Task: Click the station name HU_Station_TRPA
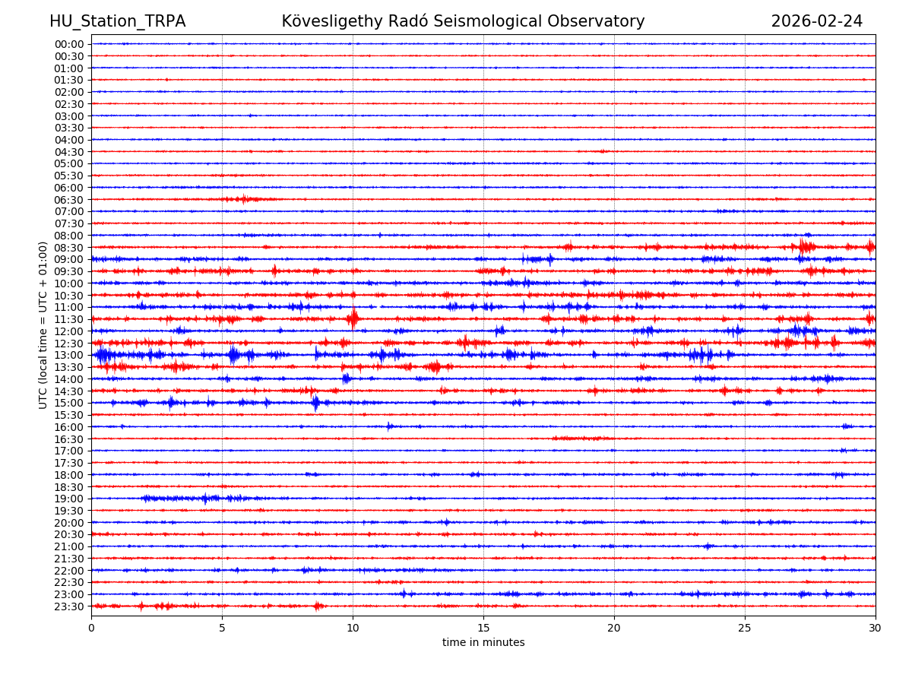(117, 21)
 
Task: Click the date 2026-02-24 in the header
(816, 21)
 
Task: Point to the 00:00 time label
(69, 44)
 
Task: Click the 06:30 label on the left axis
(69, 200)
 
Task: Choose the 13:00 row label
(69, 355)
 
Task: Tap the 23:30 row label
(69, 606)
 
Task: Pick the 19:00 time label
(69, 499)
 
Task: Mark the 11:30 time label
(69, 319)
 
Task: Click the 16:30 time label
(69, 439)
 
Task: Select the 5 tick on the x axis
(222, 628)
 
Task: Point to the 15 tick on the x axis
(483, 628)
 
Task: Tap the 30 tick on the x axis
(875, 628)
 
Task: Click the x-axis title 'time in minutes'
(483, 642)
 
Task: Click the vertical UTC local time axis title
(43, 325)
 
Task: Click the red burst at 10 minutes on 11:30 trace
(353, 318)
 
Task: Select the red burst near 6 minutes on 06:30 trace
(243, 199)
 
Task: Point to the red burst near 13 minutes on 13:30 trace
(434, 367)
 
